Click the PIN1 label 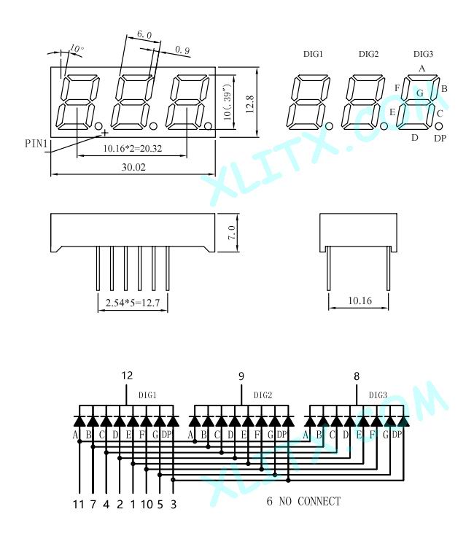click(x=36, y=144)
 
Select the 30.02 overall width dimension click(x=133, y=167)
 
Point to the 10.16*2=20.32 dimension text click(x=133, y=149)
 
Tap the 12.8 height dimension click(x=249, y=104)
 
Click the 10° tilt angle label click(x=77, y=48)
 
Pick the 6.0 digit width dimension click(x=144, y=34)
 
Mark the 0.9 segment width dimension click(x=182, y=50)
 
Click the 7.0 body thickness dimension click(x=232, y=233)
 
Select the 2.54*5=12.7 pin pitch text click(x=133, y=303)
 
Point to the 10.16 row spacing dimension click(x=360, y=300)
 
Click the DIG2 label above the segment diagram click(x=368, y=54)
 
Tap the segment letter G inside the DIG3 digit click(x=420, y=93)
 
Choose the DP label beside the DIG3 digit click(x=440, y=138)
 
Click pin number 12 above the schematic click(x=127, y=376)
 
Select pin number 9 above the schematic click(x=241, y=376)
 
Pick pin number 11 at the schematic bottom click(x=79, y=504)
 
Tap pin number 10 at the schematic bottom click(x=147, y=504)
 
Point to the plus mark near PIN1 click(x=104, y=132)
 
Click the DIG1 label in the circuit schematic click(x=147, y=395)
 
